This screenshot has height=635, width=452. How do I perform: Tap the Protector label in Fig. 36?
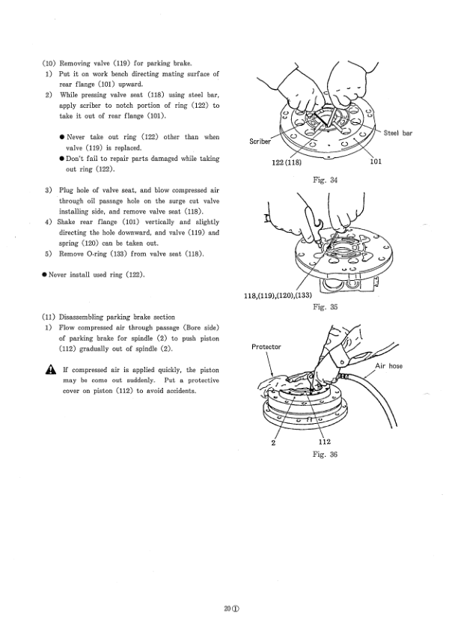tap(266, 347)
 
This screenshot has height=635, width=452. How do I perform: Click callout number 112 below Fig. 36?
tap(324, 442)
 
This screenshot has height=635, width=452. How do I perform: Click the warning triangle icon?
tap(49, 371)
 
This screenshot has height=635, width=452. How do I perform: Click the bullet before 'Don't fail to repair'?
tap(61, 159)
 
